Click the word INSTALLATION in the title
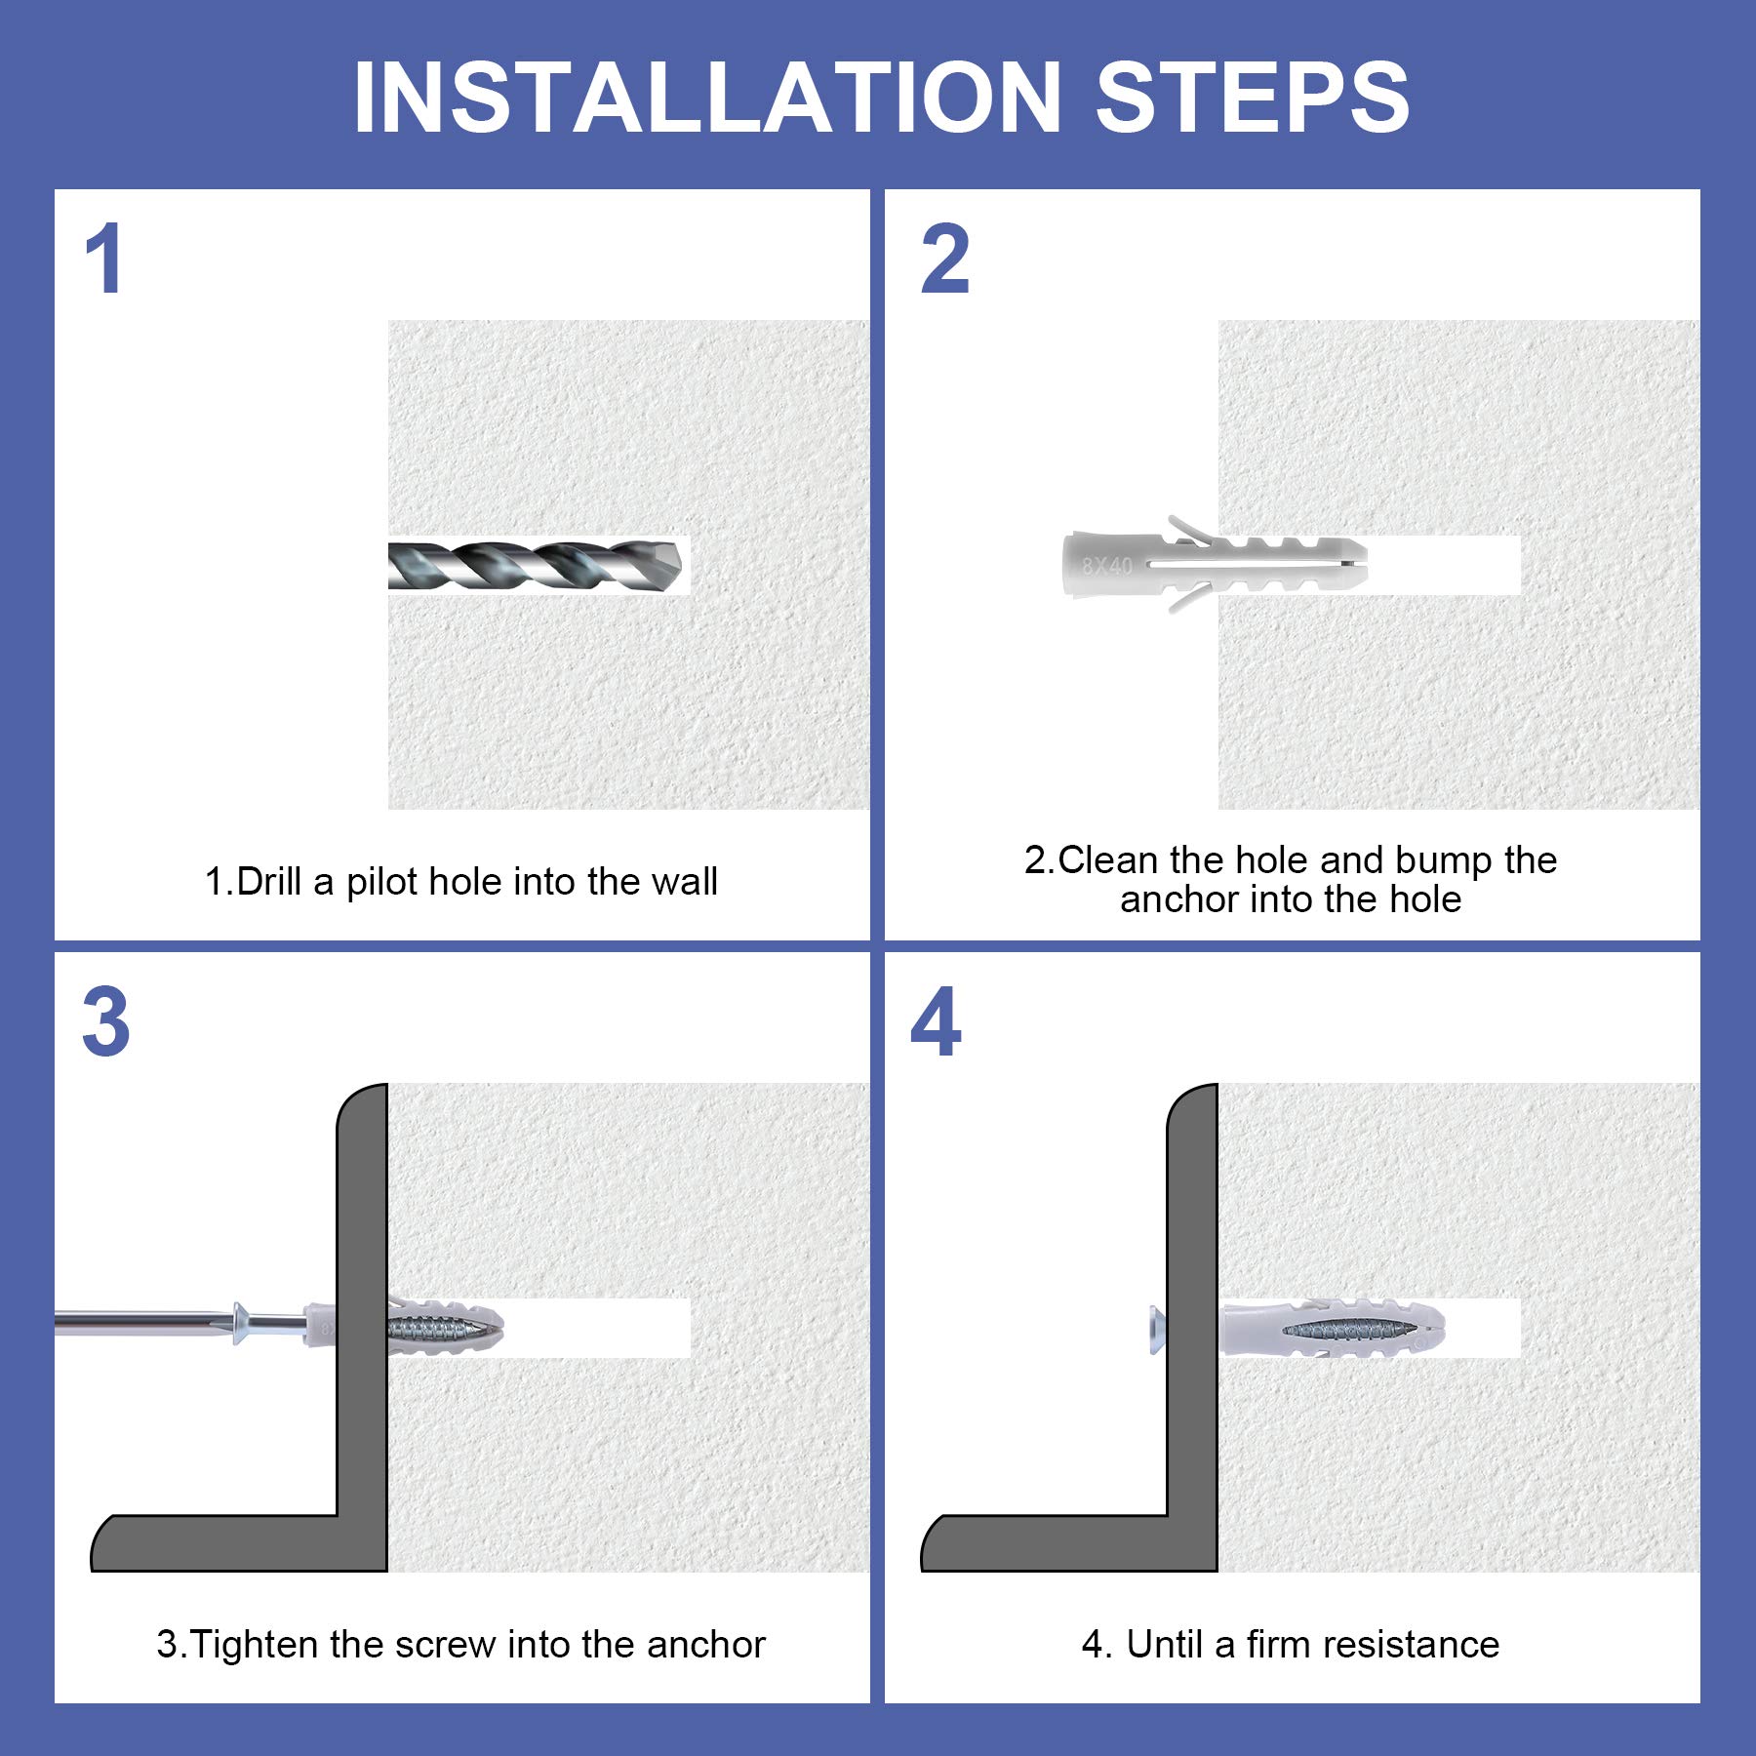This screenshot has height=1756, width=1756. click(x=707, y=97)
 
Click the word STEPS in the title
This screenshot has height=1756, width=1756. click(x=1253, y=97)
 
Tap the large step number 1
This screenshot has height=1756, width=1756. click(x=103, y=259)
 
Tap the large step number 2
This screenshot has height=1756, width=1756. click(x=945, y=259)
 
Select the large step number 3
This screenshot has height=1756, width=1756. click(x=106, y=1021)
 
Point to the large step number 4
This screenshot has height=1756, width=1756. click(x=937, y=1021)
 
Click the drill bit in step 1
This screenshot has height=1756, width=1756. click(x=535, y=565)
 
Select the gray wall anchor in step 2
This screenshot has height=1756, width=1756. click(x=1215, y=565)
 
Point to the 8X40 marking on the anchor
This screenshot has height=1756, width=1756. click(x=1107, y=565)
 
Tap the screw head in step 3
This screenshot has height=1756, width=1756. click(x=241, y=1324)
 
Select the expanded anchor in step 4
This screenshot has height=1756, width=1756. click(x=1333, y=1328)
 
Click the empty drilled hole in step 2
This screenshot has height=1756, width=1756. click(x=1444, y=565)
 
